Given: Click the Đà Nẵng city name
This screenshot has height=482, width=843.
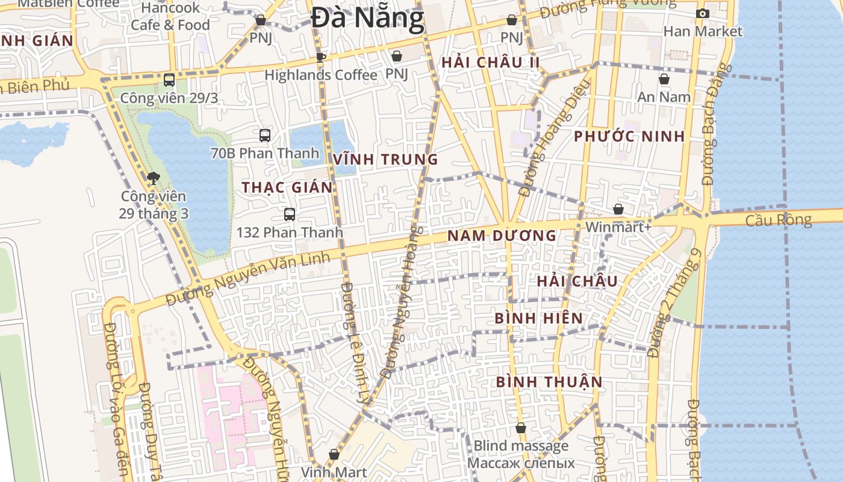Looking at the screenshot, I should (368, 18).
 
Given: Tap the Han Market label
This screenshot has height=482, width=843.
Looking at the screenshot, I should (703, 31).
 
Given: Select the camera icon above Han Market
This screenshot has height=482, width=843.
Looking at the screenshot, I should (702, 14).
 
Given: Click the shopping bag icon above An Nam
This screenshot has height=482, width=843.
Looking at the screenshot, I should (664, 79).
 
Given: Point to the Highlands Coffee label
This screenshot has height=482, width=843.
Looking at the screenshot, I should (320, 75).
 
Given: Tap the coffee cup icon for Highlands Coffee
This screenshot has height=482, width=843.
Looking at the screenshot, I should (321, 57).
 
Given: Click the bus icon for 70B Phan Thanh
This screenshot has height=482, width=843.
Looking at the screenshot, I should (264, 136).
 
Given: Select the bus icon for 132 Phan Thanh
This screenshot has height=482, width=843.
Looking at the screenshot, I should (290, 214).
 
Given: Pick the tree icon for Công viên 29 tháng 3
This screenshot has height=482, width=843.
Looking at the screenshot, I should (153, 178).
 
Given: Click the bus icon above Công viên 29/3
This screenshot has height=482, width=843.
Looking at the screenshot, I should (169, 80).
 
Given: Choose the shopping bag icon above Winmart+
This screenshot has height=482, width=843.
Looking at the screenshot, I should (618, 209).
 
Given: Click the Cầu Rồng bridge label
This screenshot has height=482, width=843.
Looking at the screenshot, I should (778, 220).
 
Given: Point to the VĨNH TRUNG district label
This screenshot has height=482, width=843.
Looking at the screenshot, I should (385, 160).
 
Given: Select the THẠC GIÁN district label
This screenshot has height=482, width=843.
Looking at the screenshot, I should (287, 187).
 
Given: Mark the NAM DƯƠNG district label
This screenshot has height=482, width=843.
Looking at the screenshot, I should (502, 236).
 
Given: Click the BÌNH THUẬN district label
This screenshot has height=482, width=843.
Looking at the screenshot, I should (549, 382).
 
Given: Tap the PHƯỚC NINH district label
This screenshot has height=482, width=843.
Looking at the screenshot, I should (629, 136).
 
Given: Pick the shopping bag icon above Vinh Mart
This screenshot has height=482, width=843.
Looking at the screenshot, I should (334, 455).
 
